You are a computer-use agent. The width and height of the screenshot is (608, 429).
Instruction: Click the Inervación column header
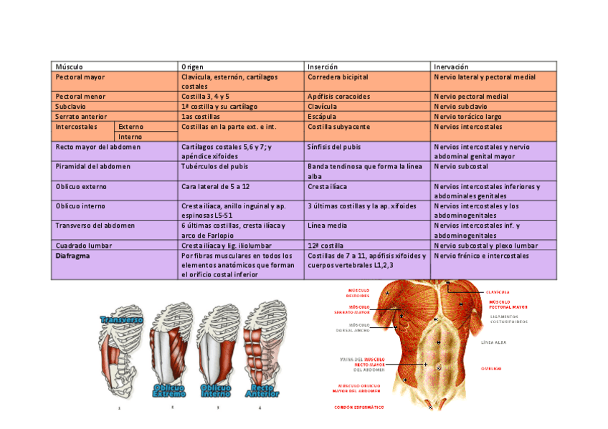(452, 67)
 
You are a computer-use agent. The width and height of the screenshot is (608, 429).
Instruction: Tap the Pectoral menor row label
(80, 96)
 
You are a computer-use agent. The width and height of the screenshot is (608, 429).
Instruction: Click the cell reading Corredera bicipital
(338, 77)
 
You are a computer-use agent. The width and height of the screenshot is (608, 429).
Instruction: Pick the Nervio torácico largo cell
(467, 116)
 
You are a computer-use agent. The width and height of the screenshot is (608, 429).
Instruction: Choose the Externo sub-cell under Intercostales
(130, 126)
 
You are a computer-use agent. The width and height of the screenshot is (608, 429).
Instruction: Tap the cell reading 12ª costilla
(326, 245)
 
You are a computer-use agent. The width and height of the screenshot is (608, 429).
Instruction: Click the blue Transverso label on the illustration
(122, 319)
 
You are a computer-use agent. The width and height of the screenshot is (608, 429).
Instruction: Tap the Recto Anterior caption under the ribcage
(262, 390)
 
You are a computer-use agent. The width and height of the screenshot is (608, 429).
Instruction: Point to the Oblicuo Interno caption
(216, 390)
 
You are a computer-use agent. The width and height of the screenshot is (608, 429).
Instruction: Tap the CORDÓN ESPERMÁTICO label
(358, 407)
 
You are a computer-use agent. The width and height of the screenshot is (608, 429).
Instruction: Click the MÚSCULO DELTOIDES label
(358, 294)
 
